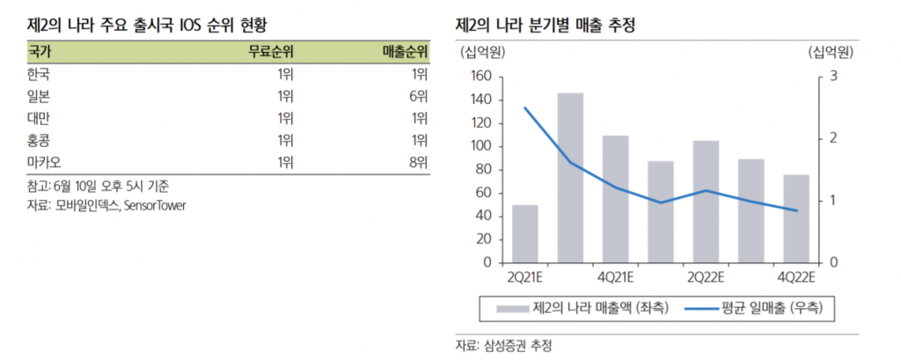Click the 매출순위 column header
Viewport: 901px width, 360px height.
405,52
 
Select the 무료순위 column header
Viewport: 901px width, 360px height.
269,52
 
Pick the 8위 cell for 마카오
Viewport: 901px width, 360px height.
419,162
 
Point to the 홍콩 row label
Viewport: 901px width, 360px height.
40,140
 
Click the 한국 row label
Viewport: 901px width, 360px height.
40,74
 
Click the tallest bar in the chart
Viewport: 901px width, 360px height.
570,178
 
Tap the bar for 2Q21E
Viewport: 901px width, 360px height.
524,234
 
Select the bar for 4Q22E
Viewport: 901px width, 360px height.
796,219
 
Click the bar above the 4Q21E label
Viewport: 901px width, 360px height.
615,199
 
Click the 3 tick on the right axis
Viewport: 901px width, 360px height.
833,77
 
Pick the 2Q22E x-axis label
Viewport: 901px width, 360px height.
706,278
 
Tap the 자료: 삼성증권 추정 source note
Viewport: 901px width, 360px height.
503,345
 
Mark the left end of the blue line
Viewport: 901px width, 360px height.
524,108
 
